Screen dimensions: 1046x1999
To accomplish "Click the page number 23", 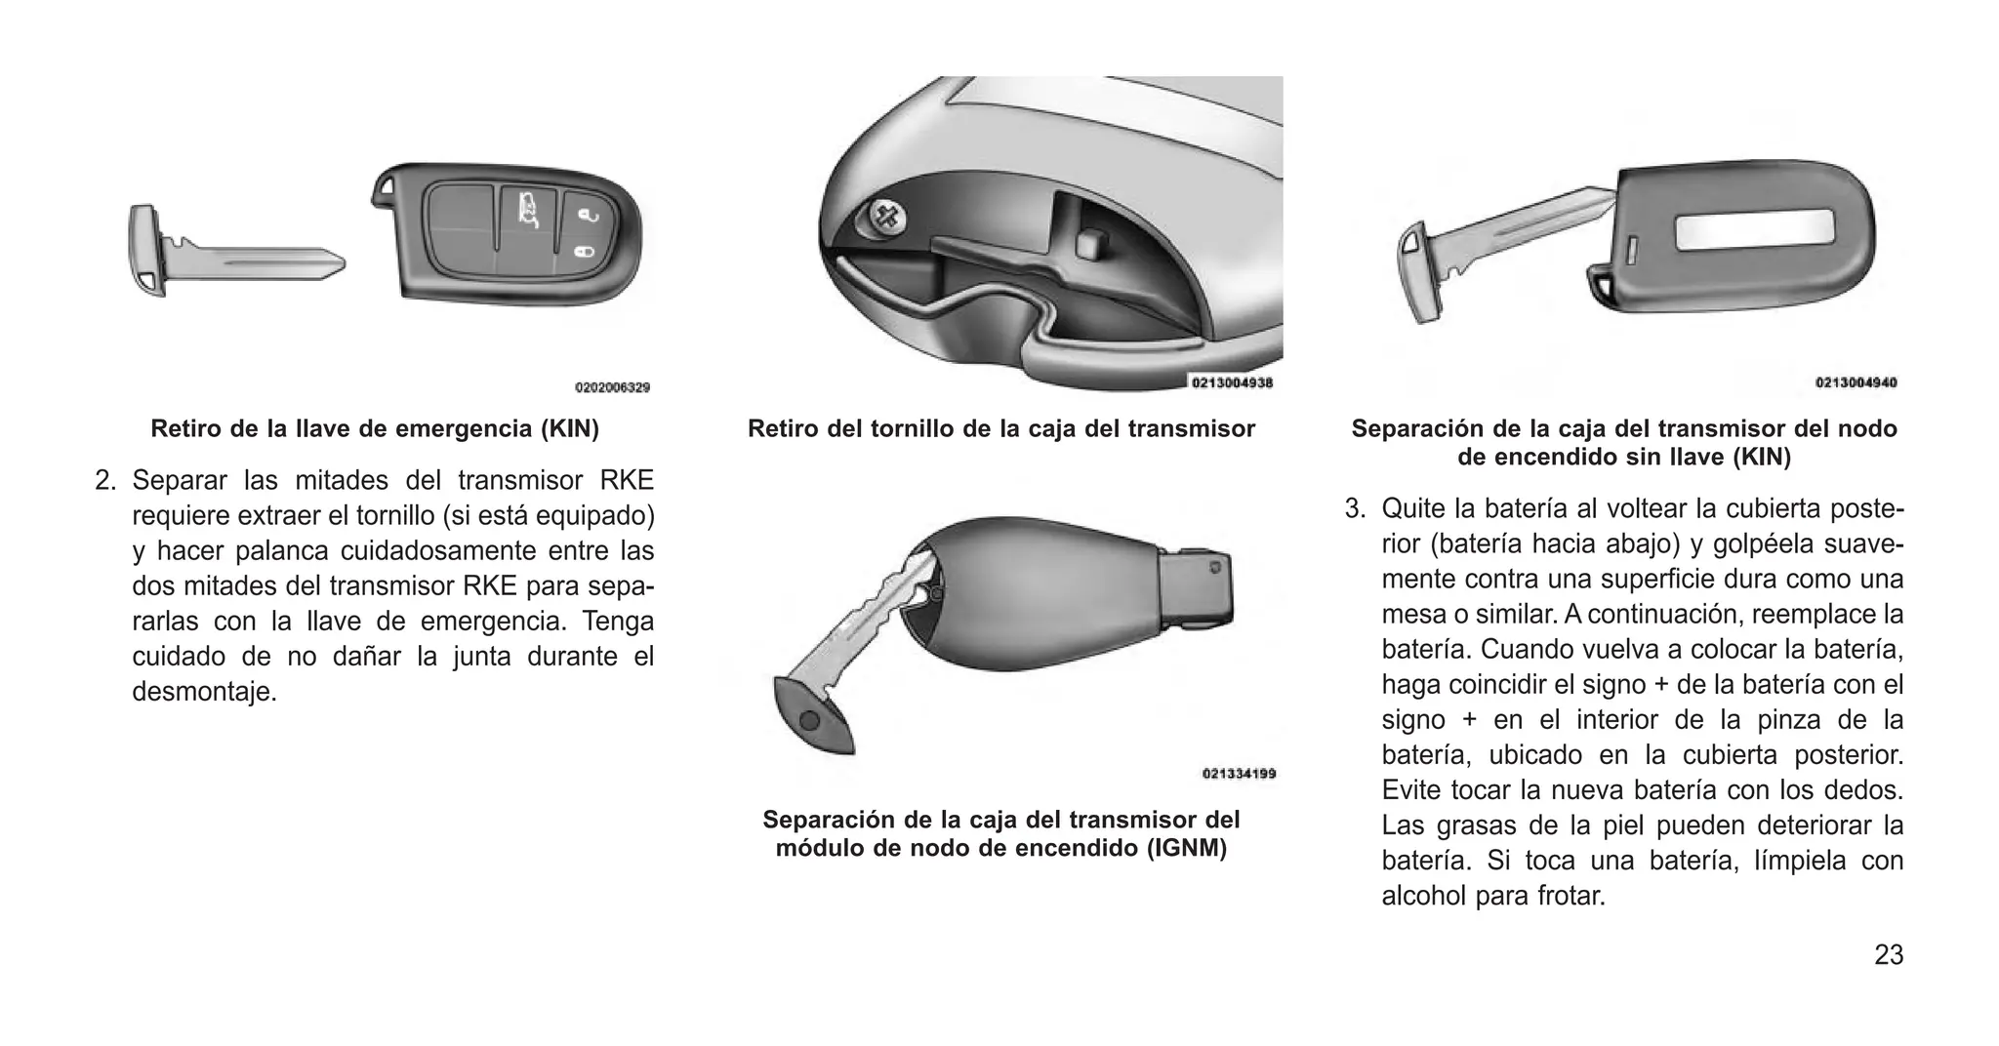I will (1888, 954).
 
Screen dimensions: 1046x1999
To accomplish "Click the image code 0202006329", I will (612, 387).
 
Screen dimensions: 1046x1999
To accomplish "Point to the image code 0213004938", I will (1232, 383).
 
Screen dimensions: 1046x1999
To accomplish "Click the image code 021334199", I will (1239, 774).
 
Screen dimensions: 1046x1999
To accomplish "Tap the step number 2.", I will (104, 481).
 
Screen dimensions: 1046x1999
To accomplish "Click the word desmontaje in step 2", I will (204, 692).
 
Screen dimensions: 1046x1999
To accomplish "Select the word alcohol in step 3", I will (1424, 896).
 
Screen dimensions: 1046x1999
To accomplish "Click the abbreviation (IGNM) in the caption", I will (1186, 848).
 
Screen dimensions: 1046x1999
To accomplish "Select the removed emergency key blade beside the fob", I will (234, 261).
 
